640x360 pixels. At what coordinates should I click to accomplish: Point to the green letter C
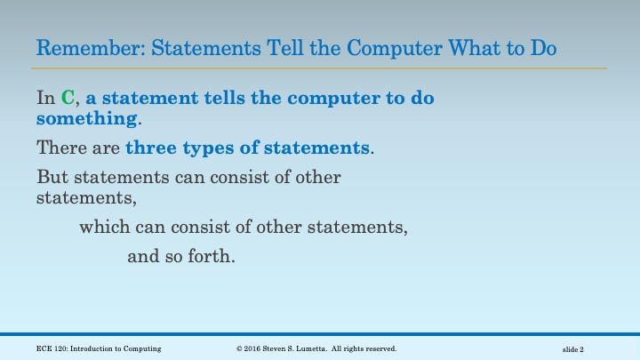click(68, 99)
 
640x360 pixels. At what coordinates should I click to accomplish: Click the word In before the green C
click(45, 99)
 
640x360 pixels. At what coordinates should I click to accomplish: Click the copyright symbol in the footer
click(240, 348)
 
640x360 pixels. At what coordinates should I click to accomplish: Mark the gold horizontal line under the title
click(320, 68)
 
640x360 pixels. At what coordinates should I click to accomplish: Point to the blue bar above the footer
click(320, 334)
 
